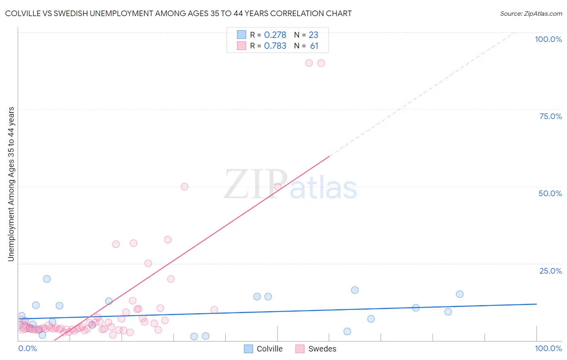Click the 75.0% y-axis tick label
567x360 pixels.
click(550, 116)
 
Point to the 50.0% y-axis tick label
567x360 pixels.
click(550, 193)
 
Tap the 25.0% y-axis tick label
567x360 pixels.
click(550, 271)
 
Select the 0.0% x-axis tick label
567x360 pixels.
click(27, 348)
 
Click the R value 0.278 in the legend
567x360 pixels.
click(275, 35)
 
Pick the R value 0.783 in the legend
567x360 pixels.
click(275, 46)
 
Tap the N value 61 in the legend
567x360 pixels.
click(314, 46)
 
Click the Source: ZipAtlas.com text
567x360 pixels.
click(531, 14)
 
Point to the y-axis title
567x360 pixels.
click(11, 184)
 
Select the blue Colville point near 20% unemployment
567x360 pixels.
click(47, 279)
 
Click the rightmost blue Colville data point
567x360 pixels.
click(460, 294)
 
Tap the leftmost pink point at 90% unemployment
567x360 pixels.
click(309, 63)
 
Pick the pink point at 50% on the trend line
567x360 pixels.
click(277, 187)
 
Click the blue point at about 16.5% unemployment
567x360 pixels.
click(355, 290)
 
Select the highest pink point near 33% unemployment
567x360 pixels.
click(168, 240)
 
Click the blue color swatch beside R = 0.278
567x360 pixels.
click(242, 35)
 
